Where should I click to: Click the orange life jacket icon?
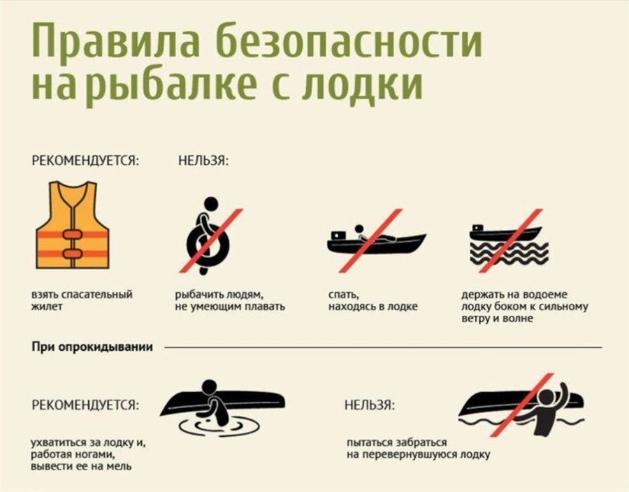coord(72,225)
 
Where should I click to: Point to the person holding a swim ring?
coord(208,235)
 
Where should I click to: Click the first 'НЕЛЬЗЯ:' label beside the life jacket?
coord(203,161)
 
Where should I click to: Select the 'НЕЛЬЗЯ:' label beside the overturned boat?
coord(370,405)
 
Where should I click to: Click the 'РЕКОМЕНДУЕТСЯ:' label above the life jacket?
coord(85,161)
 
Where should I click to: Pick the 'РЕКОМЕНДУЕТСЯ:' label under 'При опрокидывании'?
coord(85,405)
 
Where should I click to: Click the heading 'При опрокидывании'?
coord(92,347)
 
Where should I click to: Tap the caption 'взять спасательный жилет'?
coord(82,301)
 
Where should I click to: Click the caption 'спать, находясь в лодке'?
coord(373,301)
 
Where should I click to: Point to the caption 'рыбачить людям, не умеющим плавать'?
coord(230,301)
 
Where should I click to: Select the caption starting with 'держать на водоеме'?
coord(525,307)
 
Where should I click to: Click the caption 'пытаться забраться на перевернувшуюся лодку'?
coord(419,449)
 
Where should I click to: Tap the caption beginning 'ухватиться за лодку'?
coord(88,455)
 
